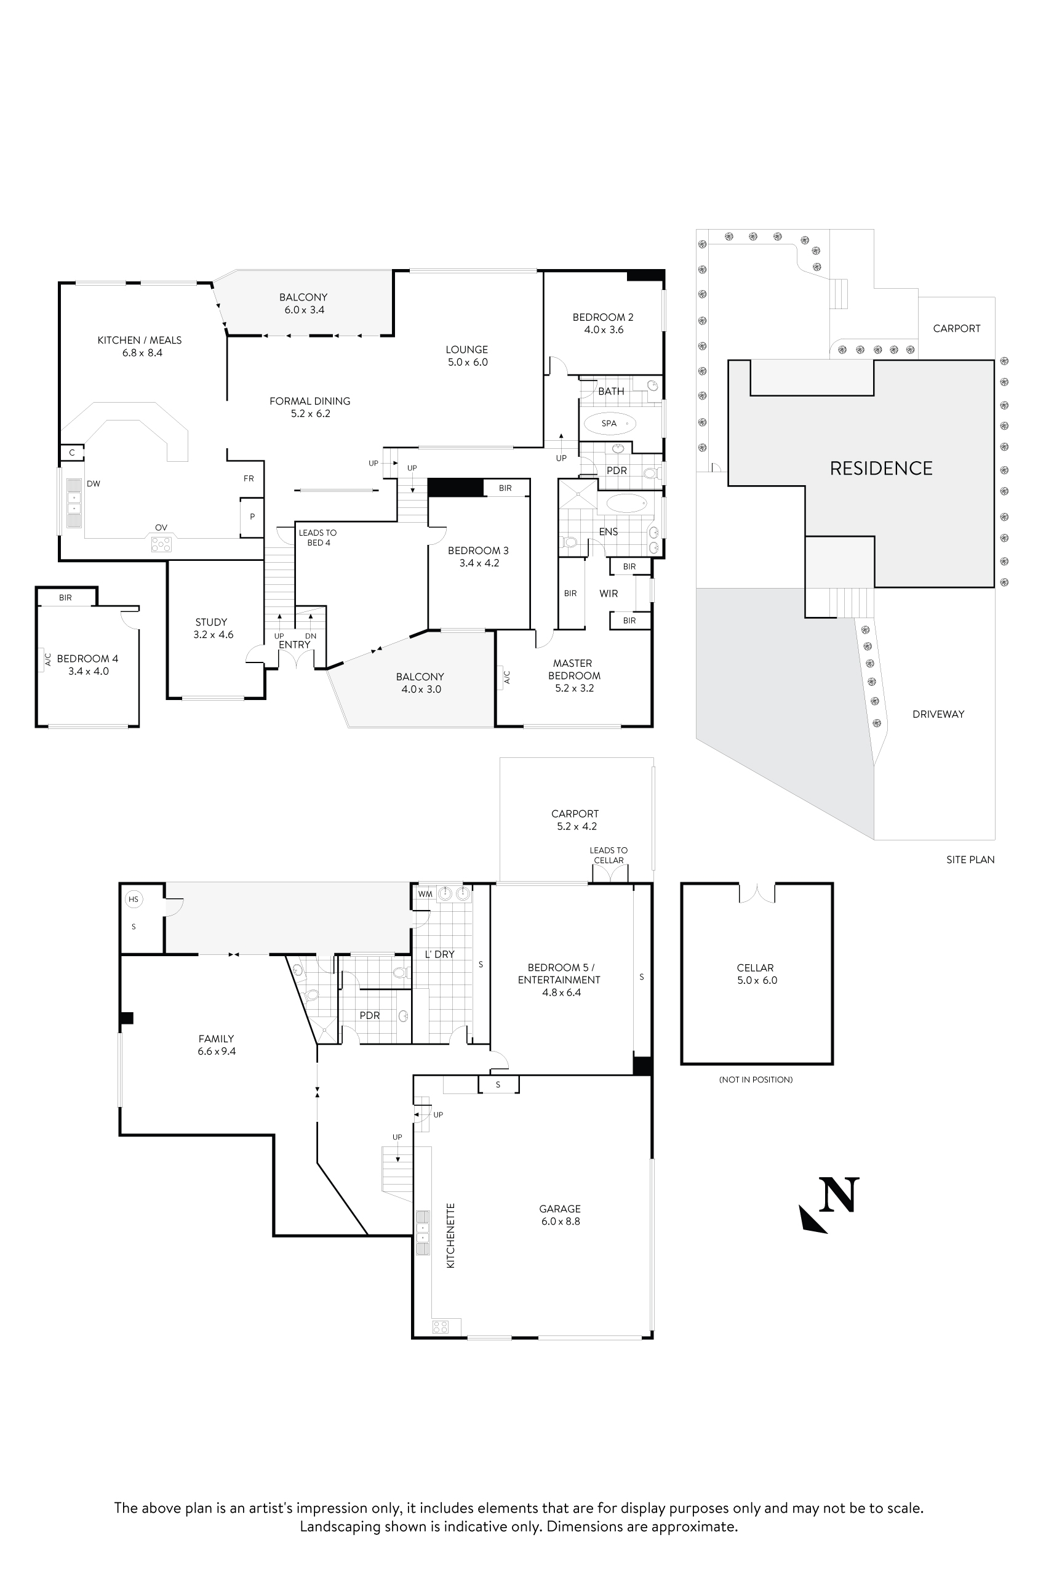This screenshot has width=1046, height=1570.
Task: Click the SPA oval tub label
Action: [x=609, y=423]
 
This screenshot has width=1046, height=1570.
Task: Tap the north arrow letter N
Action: [x=839, y=1196]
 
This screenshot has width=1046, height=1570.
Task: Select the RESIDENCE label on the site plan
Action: [x=880, y=469]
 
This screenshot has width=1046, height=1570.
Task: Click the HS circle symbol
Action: [x=134, y=899]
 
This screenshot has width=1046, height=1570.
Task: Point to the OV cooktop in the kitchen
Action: [x=161, y=544]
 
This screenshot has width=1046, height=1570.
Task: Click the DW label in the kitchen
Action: [x=94, y=484]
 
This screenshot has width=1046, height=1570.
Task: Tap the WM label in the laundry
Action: [x=425, y=894]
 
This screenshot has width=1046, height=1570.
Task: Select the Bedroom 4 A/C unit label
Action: [x=47, y=659]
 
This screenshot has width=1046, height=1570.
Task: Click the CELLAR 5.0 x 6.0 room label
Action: [x=756, y=974]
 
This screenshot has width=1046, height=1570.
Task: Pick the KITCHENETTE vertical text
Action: [x=450, y=1236]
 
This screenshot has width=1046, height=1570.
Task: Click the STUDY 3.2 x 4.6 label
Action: [x=213, y=628]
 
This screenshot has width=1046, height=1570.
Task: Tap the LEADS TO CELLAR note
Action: [x=609, y=855]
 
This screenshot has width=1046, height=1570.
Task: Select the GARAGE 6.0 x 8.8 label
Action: [x=561, y=1215]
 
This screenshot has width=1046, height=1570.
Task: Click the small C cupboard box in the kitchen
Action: [x=72, y=453]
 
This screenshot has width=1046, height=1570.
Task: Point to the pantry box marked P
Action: [x=252, y=517]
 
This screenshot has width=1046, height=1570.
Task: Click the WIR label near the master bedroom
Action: [x=609, y=594]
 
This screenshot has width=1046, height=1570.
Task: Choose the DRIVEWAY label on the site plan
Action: [x=938, y=714]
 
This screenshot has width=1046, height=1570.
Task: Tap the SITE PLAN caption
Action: [x=970, y=859]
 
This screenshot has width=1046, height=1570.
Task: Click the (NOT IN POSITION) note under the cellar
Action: [x=756, y=1079]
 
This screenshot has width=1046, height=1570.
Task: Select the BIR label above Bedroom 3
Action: [x=505, y=488]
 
